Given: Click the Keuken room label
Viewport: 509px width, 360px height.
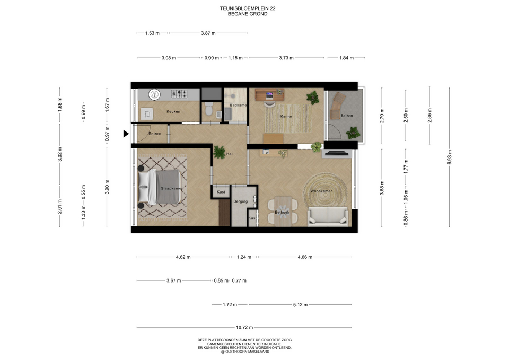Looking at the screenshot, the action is coord(173,111).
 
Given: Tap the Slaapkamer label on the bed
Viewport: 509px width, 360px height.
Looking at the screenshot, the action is coord(172,188).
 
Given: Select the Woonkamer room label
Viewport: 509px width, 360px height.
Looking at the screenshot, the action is coord(321,191).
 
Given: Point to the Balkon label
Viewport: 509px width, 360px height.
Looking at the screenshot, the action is coord(347,115).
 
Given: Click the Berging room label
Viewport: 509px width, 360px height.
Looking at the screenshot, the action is coord(241,201).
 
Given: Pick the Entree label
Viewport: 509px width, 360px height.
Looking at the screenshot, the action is coord(154,134).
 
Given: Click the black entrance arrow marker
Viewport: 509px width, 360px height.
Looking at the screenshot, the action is coord(126,134).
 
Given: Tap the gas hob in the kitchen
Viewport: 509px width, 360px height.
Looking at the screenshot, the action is coord(179,94).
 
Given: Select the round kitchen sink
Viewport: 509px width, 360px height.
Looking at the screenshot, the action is coord(154,94).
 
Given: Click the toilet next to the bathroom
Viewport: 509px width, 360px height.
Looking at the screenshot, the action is coord(209,109).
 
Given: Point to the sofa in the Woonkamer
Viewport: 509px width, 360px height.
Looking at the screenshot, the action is coord(328,216).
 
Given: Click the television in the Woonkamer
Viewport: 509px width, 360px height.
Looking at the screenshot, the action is coord(337,153).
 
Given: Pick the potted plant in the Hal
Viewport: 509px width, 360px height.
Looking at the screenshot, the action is coord(220,152).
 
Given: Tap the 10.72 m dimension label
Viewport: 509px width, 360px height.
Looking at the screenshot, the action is coord(244,327).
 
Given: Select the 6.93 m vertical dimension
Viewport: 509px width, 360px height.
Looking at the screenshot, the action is coord(450,157).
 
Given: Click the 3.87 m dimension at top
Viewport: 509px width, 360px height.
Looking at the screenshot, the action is coord(208,33).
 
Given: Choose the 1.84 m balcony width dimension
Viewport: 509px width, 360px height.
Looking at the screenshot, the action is coord(346,58).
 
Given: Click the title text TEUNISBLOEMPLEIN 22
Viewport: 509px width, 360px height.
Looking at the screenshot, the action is coord(248,8).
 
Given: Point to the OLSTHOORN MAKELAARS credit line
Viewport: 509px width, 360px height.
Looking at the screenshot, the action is coord(245,352).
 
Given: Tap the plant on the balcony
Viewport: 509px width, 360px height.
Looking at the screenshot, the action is coord(353,133).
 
